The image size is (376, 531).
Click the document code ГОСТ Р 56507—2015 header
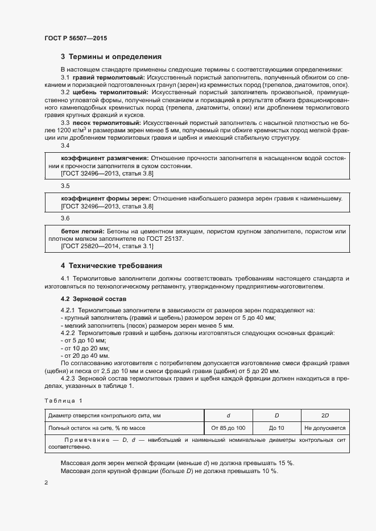75,39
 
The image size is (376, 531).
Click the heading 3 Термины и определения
111,57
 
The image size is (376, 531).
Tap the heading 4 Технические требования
111,265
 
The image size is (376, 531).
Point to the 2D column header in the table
324,415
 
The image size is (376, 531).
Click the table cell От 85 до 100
228,428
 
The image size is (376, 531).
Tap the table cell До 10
276,428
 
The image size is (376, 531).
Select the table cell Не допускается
325,428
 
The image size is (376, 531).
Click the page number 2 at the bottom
46,482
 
